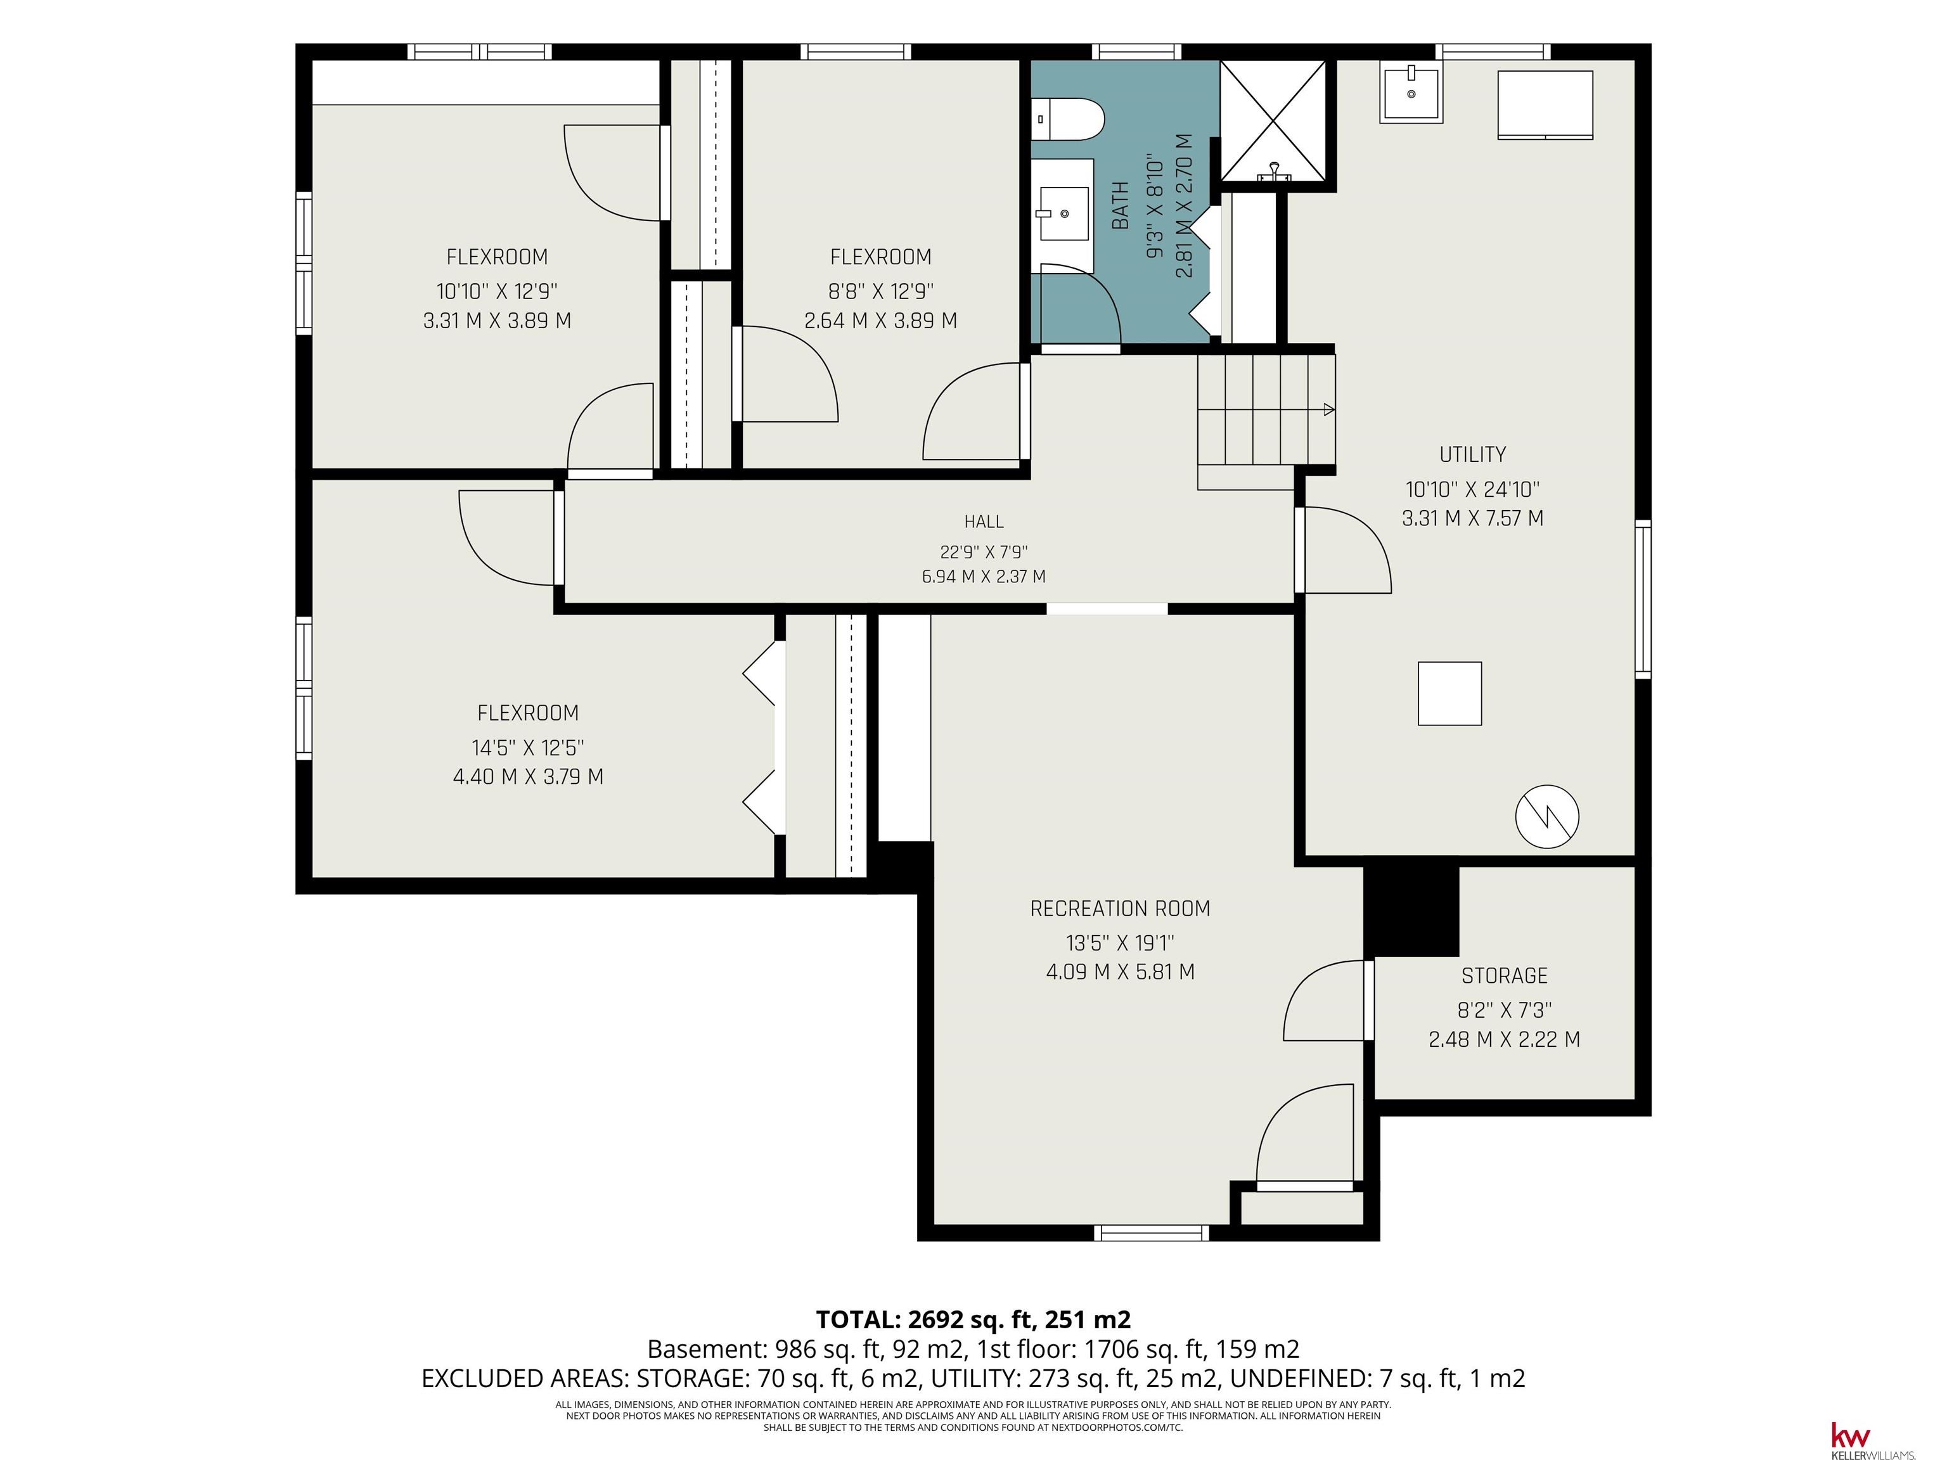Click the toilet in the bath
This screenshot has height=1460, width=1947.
[x=1067, y=120]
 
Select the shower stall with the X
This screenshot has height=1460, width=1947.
[x=1273, y=122]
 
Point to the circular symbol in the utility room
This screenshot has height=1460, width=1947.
[x=1546, y=817]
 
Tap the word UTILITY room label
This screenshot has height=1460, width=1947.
[x=1472, y=454]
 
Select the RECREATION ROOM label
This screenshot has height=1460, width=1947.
[x=1120, y=908]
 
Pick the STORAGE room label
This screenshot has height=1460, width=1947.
[x=1504, y=975]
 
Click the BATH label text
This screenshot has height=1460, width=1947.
[x=1121, y=205]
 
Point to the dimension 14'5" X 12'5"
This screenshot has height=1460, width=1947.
[x=528, y=748]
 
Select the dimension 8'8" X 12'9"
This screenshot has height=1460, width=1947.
[x=881, y=290]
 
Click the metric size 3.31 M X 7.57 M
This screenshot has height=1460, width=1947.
[x=1472, y=518]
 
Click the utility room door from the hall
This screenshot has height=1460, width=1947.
[x=1345, y=550]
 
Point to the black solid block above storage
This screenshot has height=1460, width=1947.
[x=1411, y=911]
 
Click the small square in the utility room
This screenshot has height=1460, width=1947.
[x=1449, y=693]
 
